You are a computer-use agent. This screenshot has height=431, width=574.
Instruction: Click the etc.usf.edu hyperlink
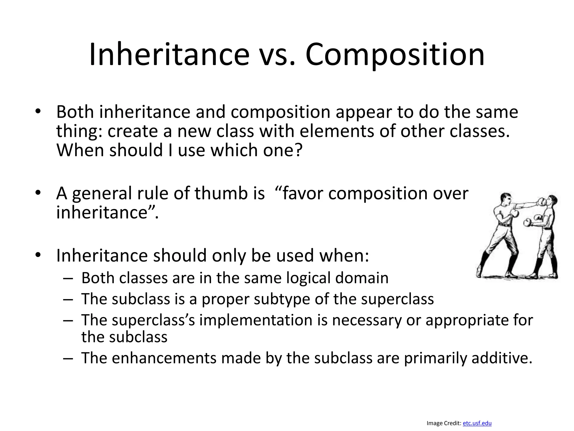point(477,423)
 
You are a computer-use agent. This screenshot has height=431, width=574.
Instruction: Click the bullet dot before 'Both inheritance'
point(38,112)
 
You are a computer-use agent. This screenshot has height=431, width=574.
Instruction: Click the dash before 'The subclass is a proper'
point(68,299)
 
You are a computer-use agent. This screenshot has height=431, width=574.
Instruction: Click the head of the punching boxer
point(506,199)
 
